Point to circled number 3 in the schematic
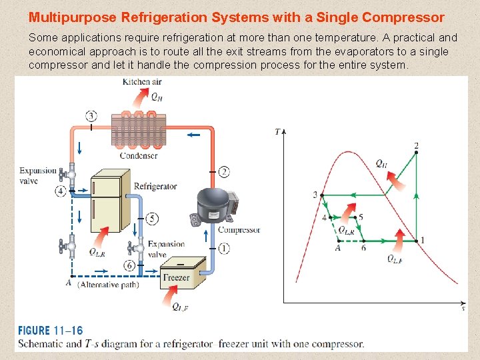click(x=91, y=116)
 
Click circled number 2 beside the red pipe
click(x=224, y=172)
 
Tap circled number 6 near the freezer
click(x=129, y=265)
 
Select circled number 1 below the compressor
click(x=224, y=248)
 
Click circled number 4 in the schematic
click(x=61, y=191)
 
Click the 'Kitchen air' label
click(x=142, y=82)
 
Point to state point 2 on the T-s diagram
click(x=417, y=153)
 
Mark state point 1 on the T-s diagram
click(x=416, y=240)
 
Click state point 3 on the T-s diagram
click(x=322, y=195)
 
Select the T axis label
click(x=277, y=131)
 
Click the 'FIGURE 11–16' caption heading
click(x=51, y=331)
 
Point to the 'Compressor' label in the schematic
click(x=239, y=230)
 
